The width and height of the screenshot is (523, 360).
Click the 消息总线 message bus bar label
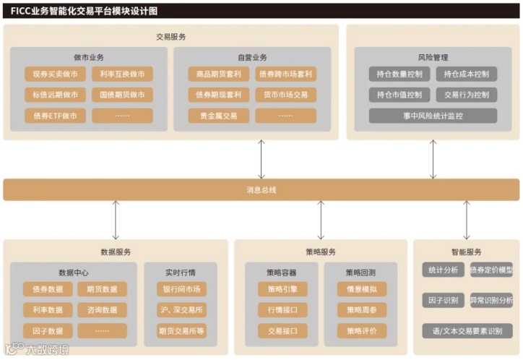pyautogui.click(x=261, y=190)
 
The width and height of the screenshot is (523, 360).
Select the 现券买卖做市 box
pyautogui.click(x=56, y=74)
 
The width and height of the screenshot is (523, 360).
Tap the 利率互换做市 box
pyautogui.click(x=122, y=74)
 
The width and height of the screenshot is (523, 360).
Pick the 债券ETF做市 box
pyautogui.click(x=56, y=116)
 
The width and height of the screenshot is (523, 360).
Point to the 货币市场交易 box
pyautogui.click(x=285, y=95)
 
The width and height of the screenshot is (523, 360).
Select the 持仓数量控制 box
pyautogui.click(x=399, y=74)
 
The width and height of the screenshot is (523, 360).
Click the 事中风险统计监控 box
pyautogui.click(x=433, y=116)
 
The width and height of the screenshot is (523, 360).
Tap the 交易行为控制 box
pyautogui.click(x=466, y=95)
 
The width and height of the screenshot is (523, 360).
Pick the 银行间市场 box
pyautogui.click(x=181, y=289)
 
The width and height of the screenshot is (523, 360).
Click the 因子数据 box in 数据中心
pyautogui.click(x=48, y=331)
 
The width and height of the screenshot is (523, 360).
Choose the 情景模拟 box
pyautogui.click(x=361, y=289)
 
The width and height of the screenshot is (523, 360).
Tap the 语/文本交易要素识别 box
pyautogui.click(x=467, y=331)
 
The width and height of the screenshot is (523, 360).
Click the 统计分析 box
pyautogui.click(x=443, y=270)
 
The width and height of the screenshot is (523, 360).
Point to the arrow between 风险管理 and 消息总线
pyautogui.click(x=433, y=159)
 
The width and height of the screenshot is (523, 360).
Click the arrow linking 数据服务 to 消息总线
pyautogui.click(x=116, y=220)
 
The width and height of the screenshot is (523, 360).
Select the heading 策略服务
pyautogui.click(x=321, y=252)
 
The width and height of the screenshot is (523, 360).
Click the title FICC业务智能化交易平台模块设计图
pyautogui.click(x=84, y=11)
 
